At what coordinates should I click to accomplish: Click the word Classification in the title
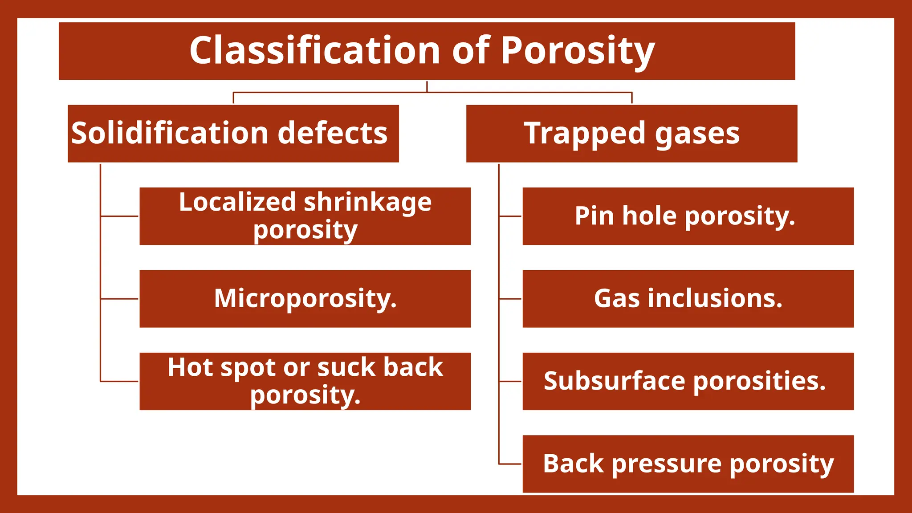[x=315, y=50]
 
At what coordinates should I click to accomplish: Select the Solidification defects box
[x=233, y=134]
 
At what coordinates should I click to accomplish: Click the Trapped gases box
[x=631, y=134]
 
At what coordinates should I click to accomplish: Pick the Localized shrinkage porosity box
[x=305, y=216]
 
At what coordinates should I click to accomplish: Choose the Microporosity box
[x=305, y=299]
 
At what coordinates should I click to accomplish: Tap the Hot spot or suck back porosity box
[x=305, y=381]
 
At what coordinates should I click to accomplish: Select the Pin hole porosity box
[x=688, y=216]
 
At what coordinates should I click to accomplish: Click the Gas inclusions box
[x=688, y=299]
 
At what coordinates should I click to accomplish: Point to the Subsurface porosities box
[x=688, y=381]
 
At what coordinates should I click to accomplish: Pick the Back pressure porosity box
[x=688, y=464]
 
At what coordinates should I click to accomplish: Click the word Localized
[x=237, y=202]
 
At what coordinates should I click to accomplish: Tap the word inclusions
[x=715, y=298]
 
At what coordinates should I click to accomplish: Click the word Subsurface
[x=614, y=381]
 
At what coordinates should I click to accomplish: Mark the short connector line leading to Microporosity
[x=119, y=299]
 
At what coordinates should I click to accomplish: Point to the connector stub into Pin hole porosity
[x=510, y=216]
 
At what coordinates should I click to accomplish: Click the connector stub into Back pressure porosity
[x=510, y=464]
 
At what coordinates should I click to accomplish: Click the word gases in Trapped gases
[x=697, y=134]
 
